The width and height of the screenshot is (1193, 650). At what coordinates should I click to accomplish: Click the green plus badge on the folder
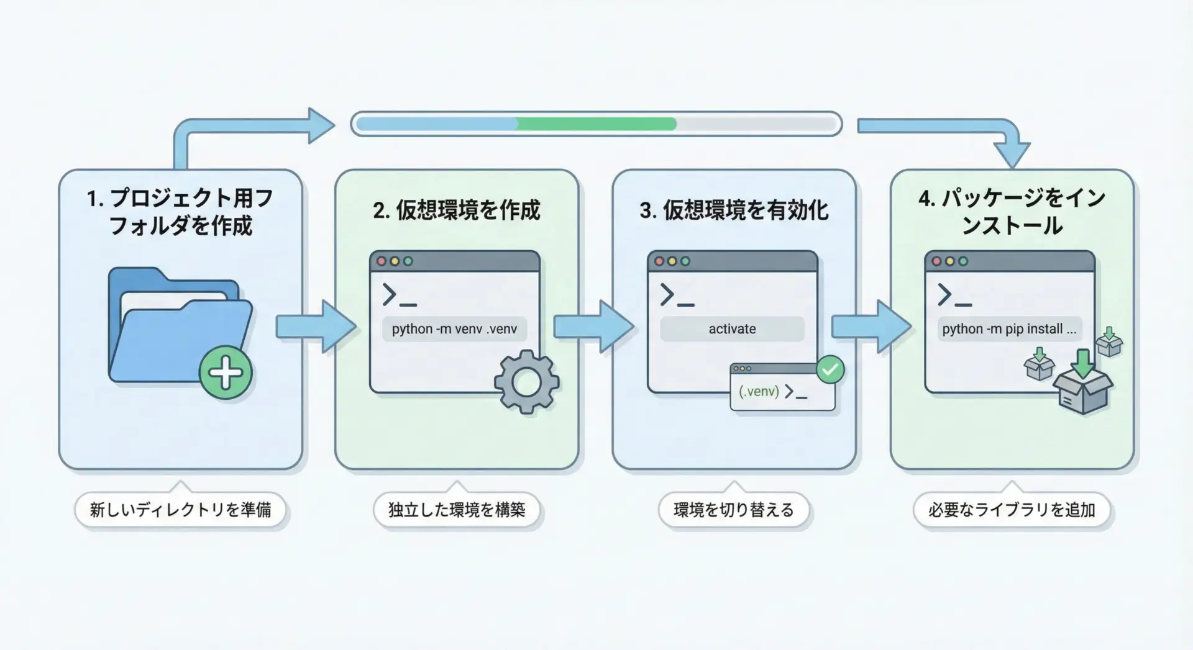click(226, 372)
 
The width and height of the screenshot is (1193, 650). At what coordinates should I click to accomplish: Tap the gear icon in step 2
click(527, 381)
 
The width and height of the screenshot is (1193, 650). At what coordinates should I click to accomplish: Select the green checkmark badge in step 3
click(830, 369)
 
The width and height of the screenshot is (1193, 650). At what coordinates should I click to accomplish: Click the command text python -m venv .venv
click(454, 329)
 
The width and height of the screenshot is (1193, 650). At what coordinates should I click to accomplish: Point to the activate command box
click(732, 329)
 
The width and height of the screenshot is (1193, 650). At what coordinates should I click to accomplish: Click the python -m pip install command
click(1009, 329)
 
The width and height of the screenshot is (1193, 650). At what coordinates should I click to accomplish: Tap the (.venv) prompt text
click(759, 392)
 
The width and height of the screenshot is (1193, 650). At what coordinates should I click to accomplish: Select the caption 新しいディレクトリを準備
click(181, 510)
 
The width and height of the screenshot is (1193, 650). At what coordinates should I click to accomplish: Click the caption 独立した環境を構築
click(457, 510)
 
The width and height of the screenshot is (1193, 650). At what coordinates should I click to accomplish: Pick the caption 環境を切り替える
click(734, 510)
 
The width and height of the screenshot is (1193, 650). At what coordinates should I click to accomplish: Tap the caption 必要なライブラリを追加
click(1012, 510)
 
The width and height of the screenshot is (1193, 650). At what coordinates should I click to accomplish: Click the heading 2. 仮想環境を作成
click(457, 210)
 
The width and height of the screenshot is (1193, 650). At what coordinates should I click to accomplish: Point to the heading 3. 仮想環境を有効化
click(734, 210)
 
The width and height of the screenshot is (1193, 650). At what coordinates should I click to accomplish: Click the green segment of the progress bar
click(596, 124)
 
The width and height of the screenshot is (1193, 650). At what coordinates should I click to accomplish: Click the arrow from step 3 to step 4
click(871, 327)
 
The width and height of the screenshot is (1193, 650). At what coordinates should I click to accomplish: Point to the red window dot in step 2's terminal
click(382, 261)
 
